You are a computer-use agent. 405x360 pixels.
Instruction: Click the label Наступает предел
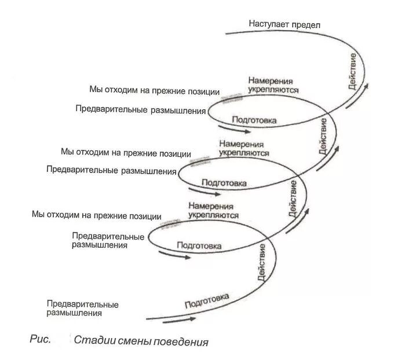click(x=284, y=24)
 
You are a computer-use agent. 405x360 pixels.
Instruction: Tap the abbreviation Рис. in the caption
click(x=41, y=339)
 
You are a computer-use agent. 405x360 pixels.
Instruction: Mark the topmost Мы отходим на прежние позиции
click(x=154, y=90)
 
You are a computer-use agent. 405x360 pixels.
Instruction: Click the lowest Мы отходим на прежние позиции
click(x=97, y=215)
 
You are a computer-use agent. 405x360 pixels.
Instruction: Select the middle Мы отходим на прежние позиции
click(x=126, y=153)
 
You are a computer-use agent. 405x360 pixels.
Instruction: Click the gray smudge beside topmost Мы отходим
click(x=232, y=95)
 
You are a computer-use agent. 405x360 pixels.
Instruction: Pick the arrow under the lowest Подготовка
click(x=180, y=318)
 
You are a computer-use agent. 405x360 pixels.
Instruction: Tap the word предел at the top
click(x=307, y=24)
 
